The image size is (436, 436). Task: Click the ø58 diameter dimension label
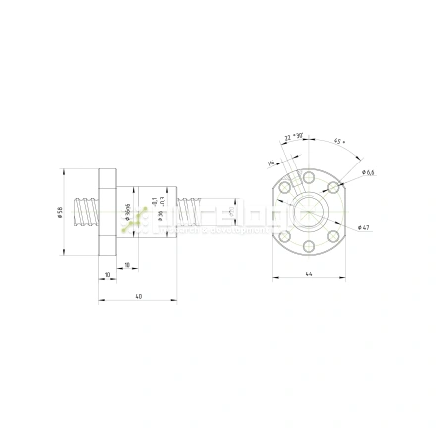(61, 215)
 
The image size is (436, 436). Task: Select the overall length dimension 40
(138, 296)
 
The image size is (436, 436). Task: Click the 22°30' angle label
(294, 138)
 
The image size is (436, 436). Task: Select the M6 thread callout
(271, 163)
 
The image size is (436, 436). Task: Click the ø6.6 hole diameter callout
(368, 172)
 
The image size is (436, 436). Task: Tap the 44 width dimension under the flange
(309, 272)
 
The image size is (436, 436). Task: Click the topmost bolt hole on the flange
(309, 176)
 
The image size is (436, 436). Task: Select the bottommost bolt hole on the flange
(309, 247)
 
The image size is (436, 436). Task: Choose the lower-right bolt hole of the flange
(334, 237)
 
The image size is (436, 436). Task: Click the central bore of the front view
(309, 212)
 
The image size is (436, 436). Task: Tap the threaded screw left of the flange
(90, 213)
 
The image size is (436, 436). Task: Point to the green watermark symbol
(139, 219)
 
